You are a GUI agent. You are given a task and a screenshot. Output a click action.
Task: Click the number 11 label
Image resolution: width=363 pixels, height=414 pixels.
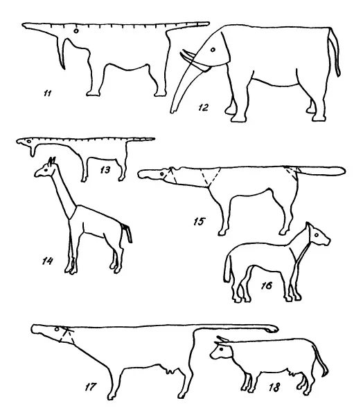click(x=48, y=93)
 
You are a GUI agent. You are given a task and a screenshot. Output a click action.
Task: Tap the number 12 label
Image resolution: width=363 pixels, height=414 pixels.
click(x=204, y=107)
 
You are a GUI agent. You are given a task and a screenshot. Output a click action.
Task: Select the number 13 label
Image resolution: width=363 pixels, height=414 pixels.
click(x=105, y=170)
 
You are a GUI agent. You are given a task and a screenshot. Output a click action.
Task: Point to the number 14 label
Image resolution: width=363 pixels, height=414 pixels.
click(x=48, y=261)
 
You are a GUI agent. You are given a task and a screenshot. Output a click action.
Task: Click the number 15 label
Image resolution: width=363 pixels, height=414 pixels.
click(x=200, y=222)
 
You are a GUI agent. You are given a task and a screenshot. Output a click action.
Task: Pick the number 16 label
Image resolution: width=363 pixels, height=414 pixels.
click(x=267, y=285)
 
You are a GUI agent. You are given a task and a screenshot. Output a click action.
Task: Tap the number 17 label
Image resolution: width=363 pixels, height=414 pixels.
click(x=90, y=387)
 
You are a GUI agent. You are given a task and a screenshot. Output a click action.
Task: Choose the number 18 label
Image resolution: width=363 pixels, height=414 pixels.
click(x=274, y=388)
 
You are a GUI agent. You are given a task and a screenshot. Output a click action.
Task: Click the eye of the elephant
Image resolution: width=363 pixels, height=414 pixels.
click(x=213, y=49)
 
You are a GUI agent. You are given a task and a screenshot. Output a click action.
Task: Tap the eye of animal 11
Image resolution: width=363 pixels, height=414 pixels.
click(x=76, y=31)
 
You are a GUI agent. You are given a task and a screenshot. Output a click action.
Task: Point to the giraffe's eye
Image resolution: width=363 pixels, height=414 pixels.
click(x=46, y=170)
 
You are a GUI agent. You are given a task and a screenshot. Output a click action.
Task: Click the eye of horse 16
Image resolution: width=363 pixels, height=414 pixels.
click(x=316, y=235)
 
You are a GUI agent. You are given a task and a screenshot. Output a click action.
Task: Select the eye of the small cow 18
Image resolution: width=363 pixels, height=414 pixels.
click(x=221, y=350)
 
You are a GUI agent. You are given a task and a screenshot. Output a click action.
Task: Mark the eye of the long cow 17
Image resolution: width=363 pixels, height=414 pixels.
click(x=56, y=329)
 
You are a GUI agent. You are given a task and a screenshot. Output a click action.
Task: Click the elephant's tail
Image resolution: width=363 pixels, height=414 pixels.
click(x=334, y=52)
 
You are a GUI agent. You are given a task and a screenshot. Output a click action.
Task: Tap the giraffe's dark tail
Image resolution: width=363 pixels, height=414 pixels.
click(x=127, y=232)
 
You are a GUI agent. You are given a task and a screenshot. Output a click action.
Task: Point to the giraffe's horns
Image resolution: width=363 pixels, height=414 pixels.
click(x=52, y=160)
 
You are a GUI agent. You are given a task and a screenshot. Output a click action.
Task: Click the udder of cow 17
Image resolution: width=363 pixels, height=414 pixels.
click(x=169, y=370)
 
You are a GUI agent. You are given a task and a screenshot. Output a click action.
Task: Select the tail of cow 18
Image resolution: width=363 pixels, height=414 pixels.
click(x=321, y=360)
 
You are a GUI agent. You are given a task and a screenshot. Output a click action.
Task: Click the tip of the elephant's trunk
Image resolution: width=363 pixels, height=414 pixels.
click(x=172, y=112)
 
